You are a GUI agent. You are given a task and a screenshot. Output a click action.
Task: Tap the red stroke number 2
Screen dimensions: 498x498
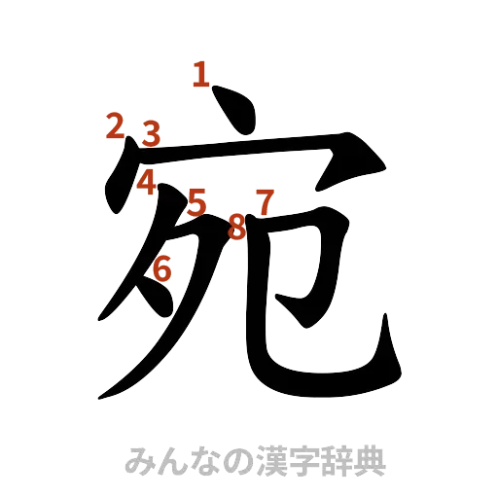coord(116,125)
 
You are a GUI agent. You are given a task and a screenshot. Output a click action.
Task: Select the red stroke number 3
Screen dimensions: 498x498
coord(151,133)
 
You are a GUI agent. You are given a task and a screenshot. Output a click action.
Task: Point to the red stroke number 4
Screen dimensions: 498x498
coord(146,181)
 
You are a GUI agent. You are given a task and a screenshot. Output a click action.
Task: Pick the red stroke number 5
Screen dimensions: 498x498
coord(197,203)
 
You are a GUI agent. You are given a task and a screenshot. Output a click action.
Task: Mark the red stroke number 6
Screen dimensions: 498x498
coord(162,267)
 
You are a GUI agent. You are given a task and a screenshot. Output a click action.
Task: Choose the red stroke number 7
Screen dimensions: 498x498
coord(264,202)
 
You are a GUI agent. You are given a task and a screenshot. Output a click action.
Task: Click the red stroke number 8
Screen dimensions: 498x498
coord(236,228)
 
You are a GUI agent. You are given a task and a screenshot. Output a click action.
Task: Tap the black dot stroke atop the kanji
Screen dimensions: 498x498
coord(236,111)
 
